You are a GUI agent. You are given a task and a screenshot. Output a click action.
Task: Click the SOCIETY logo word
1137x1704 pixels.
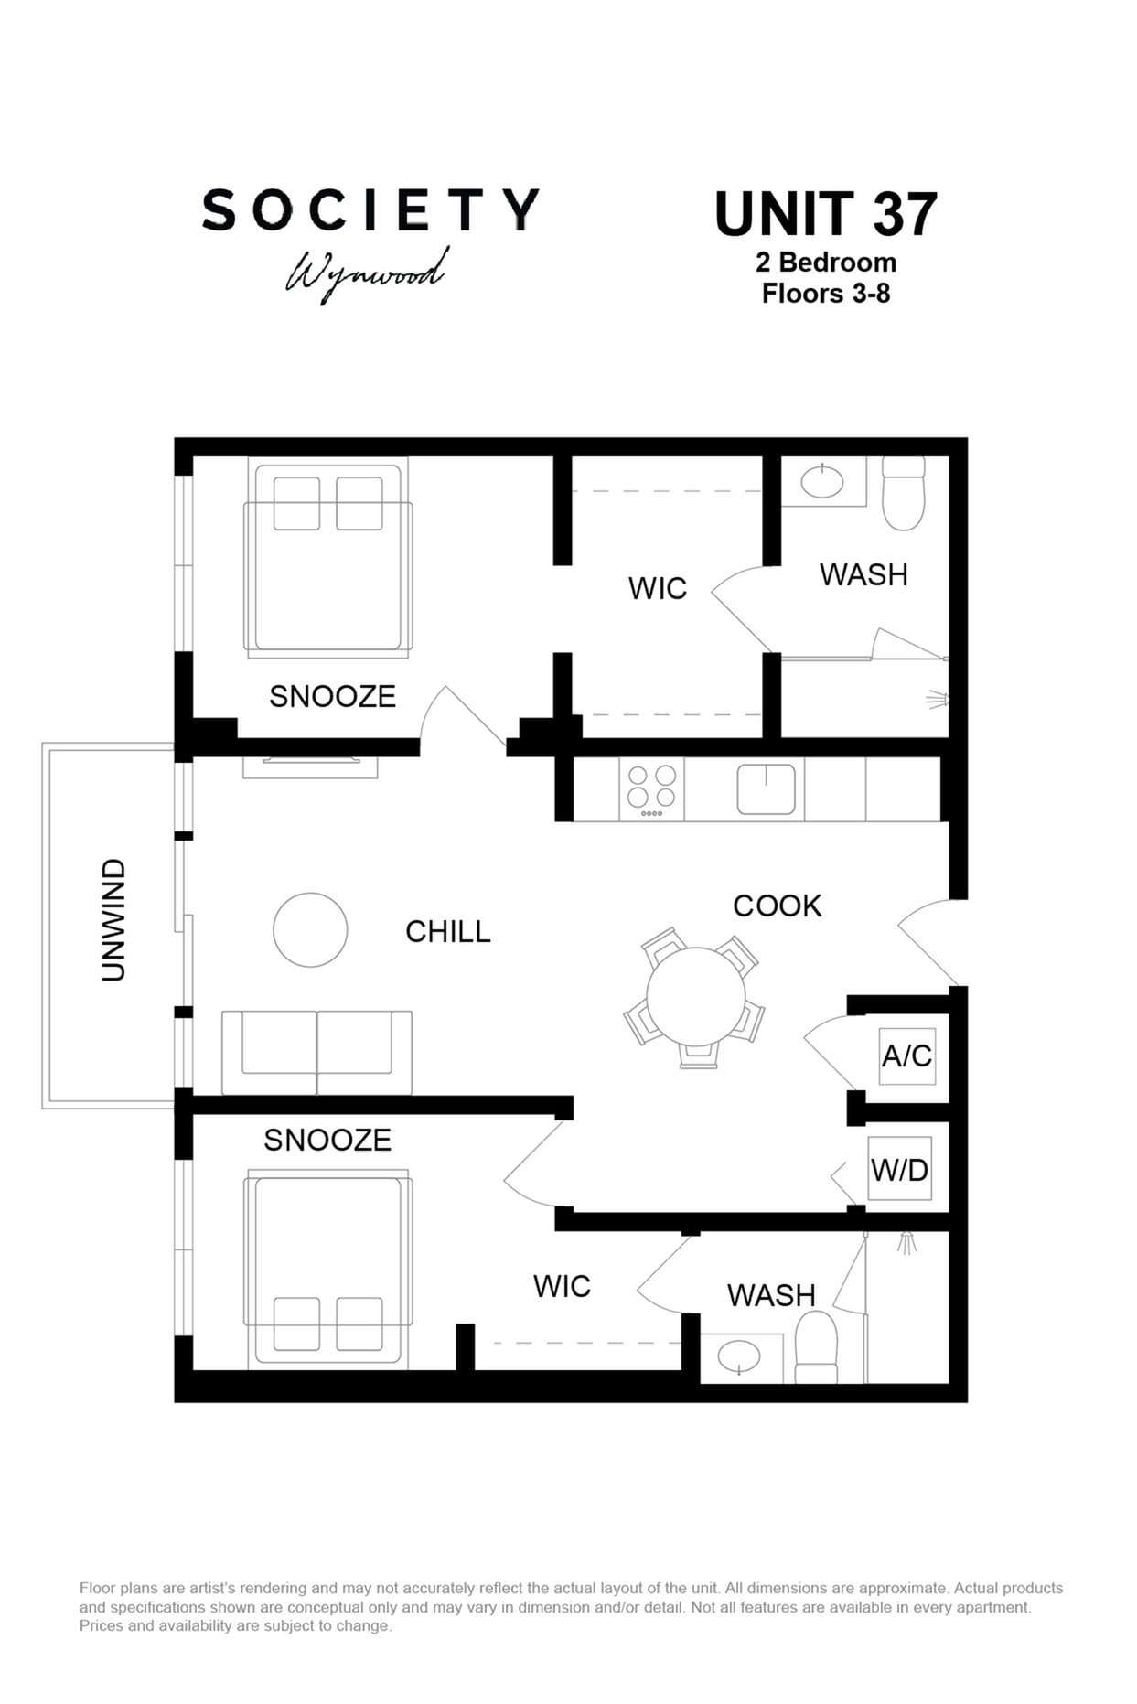pyautogui.click(x=370, y=209)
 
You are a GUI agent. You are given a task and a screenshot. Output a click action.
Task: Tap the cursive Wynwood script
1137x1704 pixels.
pyautogui.click(x=367, y=273)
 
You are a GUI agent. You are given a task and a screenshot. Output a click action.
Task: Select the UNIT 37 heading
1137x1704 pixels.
pyautogui.click(x=825, y=214)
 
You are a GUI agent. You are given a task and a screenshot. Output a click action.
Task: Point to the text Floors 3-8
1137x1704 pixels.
pyautogui.click(x=826, y=294)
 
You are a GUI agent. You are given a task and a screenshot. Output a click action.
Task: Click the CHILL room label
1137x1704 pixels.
pyautogui.click(x=448, y=931)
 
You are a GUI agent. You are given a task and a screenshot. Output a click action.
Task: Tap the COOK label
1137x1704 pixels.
pyautogui.click(x=778, y=906)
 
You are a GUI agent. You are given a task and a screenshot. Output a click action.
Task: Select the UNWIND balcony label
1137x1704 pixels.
pyautogui.click(x=113, y=920)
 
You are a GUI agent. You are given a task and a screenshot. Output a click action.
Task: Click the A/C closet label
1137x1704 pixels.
pyautogui.click(x=906, y=1056)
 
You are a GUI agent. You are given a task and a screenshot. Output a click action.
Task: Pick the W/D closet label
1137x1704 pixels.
pyautogui.click(x=900, y=1169)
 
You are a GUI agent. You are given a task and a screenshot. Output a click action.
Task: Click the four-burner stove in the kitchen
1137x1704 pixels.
pyautogui.click(x=651, y=789)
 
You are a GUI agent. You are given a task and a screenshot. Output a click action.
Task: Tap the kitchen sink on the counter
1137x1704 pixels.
pyautogui.click(x=767, y=789)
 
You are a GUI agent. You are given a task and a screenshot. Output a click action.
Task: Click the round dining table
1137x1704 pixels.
pyautogui.click(x=696, y=996)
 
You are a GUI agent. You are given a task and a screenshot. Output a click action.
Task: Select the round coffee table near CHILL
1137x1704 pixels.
pyautogui.click(x=310, y=929)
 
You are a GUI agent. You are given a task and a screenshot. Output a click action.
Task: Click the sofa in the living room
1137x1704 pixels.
pyautogui.click(x=316, y=1052)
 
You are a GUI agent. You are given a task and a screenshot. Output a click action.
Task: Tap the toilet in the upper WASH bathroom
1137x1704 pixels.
pyautogui.click(x=904, y=494)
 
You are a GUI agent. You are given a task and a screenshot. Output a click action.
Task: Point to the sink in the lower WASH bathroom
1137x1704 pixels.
pyautogui.click(x=740, y=1356)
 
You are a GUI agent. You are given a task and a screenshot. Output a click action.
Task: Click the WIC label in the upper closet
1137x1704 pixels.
pyautogui.click(x=658, y=588)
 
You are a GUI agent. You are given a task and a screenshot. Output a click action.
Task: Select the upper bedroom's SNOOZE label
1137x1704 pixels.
pyautogui.click(x=333, y=696)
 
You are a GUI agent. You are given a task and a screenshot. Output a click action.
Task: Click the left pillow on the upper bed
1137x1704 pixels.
pyautogui.click(x=297, y=503)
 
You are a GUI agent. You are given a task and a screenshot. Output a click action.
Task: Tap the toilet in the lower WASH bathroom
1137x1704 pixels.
pyautogui.click(x=816, y=1347)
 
